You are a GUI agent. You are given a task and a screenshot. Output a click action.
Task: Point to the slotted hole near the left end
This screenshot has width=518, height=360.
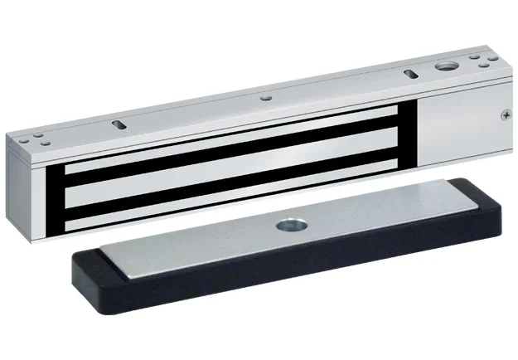tap(117, 124)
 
